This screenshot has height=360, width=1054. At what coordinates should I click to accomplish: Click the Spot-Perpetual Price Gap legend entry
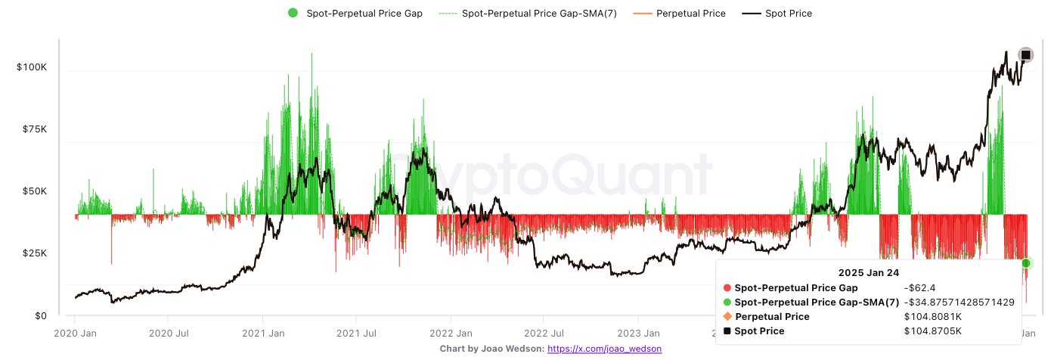coord(355,13)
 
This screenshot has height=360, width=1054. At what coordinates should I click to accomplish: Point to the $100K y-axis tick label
coord(32,67)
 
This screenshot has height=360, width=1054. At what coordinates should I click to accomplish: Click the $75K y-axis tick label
coord(35,129)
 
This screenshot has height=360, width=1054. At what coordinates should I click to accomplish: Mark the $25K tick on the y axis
coord(35,253)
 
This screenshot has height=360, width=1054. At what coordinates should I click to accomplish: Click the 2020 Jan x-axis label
coord(76,333)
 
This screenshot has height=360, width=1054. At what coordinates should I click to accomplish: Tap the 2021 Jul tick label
coord(355,333)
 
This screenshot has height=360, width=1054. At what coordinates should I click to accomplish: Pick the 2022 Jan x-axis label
coord(450,333)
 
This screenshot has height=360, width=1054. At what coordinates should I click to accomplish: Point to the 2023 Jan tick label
coord(637,333)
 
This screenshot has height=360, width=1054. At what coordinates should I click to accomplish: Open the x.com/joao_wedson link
coord(604,349)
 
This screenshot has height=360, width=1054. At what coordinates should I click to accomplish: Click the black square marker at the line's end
coord(1025,54)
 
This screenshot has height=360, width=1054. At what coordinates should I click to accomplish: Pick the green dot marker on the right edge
coord(1026,263)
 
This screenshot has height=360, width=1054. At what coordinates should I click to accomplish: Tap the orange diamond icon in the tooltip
coord(727,316)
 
